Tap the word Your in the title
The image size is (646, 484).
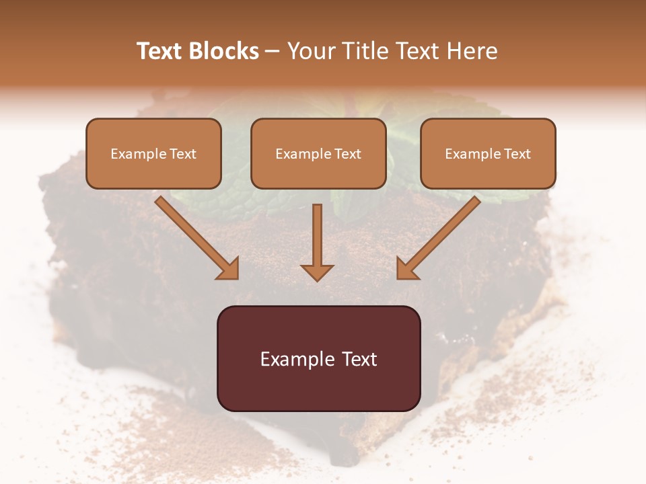[312, 51]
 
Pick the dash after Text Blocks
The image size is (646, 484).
[273, 52]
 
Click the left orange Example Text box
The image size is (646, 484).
[153, 153]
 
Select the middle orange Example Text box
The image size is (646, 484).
[318, 153]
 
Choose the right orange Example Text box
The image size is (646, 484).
[488, 153]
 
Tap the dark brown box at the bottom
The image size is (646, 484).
[318, 358]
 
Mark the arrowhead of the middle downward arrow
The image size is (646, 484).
[317, 272]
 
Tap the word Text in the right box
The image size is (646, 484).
[517, 154]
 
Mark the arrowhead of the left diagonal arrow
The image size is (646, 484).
[228, 268]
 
